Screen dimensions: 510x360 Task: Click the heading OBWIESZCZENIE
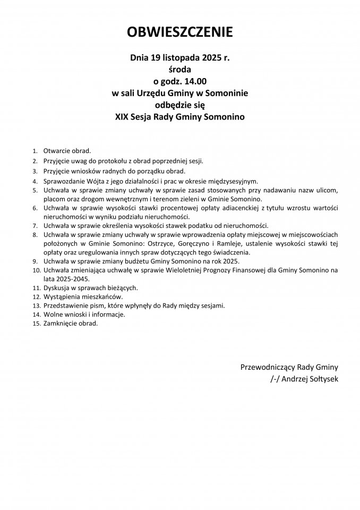[x=180, y=33]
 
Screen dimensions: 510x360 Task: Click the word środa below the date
[x=180, y=69]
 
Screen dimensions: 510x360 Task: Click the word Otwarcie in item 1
[x=56, y=151]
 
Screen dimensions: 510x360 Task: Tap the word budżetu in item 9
[x=153, y=261]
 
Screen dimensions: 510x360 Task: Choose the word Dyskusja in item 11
[x=57, y=288]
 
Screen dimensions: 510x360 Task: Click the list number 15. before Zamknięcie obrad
[x=36, y=324]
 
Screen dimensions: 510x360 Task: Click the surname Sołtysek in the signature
[x=321, y=379]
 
